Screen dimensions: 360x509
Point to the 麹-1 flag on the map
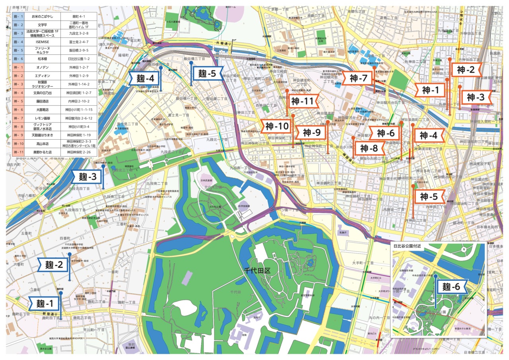(x=44, y=304)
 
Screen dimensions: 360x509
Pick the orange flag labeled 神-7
(x=359, y=79)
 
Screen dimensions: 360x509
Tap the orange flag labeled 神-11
(x=302, y=101)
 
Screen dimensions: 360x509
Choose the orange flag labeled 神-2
(x=466, y=70)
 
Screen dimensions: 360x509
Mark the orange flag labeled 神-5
(x=429, y=197)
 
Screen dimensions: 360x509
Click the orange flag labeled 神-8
(x=369, y=148)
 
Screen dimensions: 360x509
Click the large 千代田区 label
(x=257, y=270)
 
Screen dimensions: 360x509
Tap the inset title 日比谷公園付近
(x=409, y=246)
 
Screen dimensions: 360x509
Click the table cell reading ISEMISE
(x=42, y=41)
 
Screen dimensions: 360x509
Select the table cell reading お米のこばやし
(x=42, y=16)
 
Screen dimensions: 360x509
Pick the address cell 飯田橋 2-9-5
(x=79, y=50)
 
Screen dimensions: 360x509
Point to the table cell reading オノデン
(x=42, y=67)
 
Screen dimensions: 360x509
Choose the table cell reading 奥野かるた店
(x=42, y=152)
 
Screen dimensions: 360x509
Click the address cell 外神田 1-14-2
(x=79, y=84)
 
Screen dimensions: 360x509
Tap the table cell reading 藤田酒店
(x=42, y=101)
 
